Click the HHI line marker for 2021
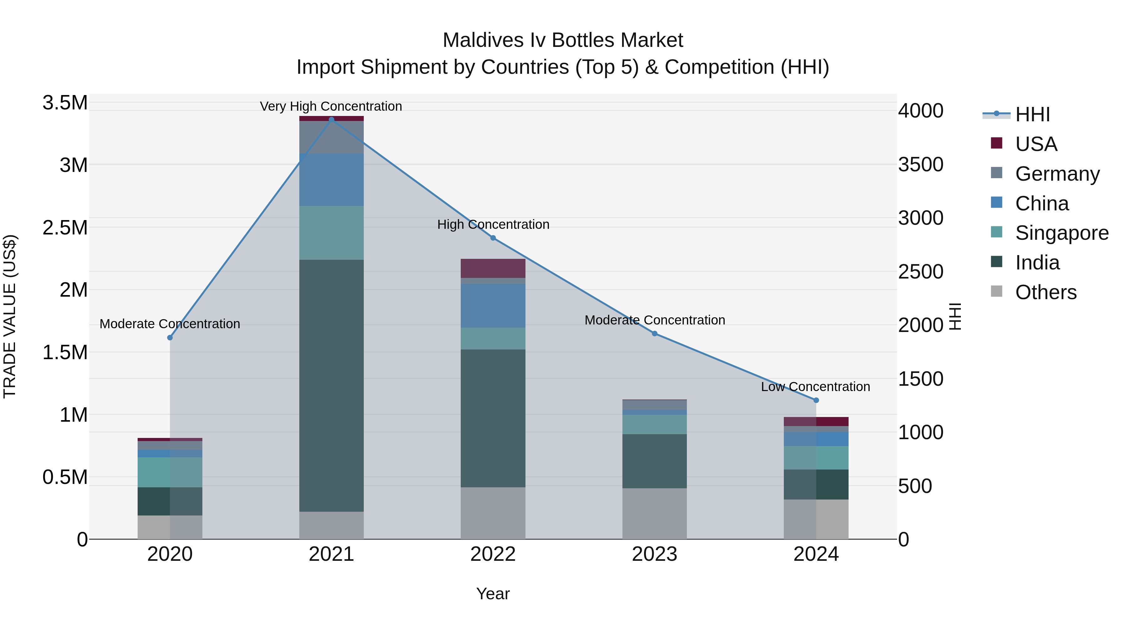[x=331, y=120]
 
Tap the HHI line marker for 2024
[x=816, y=400]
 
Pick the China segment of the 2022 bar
[x=493, y=306]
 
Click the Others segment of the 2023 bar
[x=654, y=513]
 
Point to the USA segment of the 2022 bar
[x=493, y=268]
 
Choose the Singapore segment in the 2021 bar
[x=331, y=233]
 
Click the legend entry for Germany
[x=1057, y=174]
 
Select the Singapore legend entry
[x=1061, y=233]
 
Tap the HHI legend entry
[x=1032, y=114]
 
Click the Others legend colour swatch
[x=996, y=291]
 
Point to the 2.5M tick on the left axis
[x=65, y=228]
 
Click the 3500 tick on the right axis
[x=921, y=165]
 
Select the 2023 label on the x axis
[x=654, y=554]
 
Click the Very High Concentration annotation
[x=331, y=106]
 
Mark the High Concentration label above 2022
[x=493, y=224]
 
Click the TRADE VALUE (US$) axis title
[x=10, y=316]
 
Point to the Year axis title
[x=493, y=594]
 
